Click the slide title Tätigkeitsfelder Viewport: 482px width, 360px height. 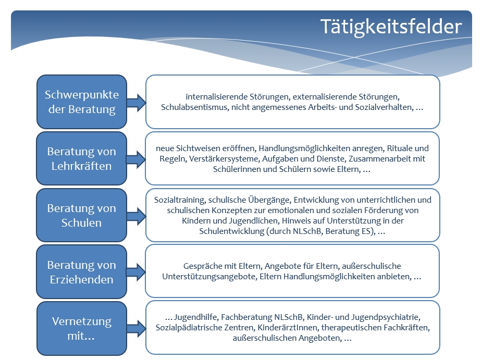click(x=391, y=27)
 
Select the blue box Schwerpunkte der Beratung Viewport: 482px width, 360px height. click(x=82, y=102)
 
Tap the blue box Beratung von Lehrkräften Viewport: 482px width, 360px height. click(x=82, y=158)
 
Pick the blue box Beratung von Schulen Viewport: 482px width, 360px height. click(x=82, y=215)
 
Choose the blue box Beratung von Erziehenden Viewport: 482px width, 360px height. click(x=82, y=272)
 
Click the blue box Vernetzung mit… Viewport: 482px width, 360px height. click(x=82, y=328)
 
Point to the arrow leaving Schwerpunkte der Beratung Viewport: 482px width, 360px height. click(x=137, y=103)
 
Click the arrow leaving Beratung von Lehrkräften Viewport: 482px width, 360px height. click(x=137, y=159)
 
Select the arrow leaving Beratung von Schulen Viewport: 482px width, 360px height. click(x=137, y=216)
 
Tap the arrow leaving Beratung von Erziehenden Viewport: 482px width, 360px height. click(x=137, y=272)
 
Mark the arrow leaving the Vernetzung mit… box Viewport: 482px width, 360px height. click(x=137, y=329)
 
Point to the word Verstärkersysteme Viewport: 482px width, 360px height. click(x=224, y=159)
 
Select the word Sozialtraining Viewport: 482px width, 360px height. click(x=180, y=200)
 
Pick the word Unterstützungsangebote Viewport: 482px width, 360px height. click(x=209, y=277)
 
